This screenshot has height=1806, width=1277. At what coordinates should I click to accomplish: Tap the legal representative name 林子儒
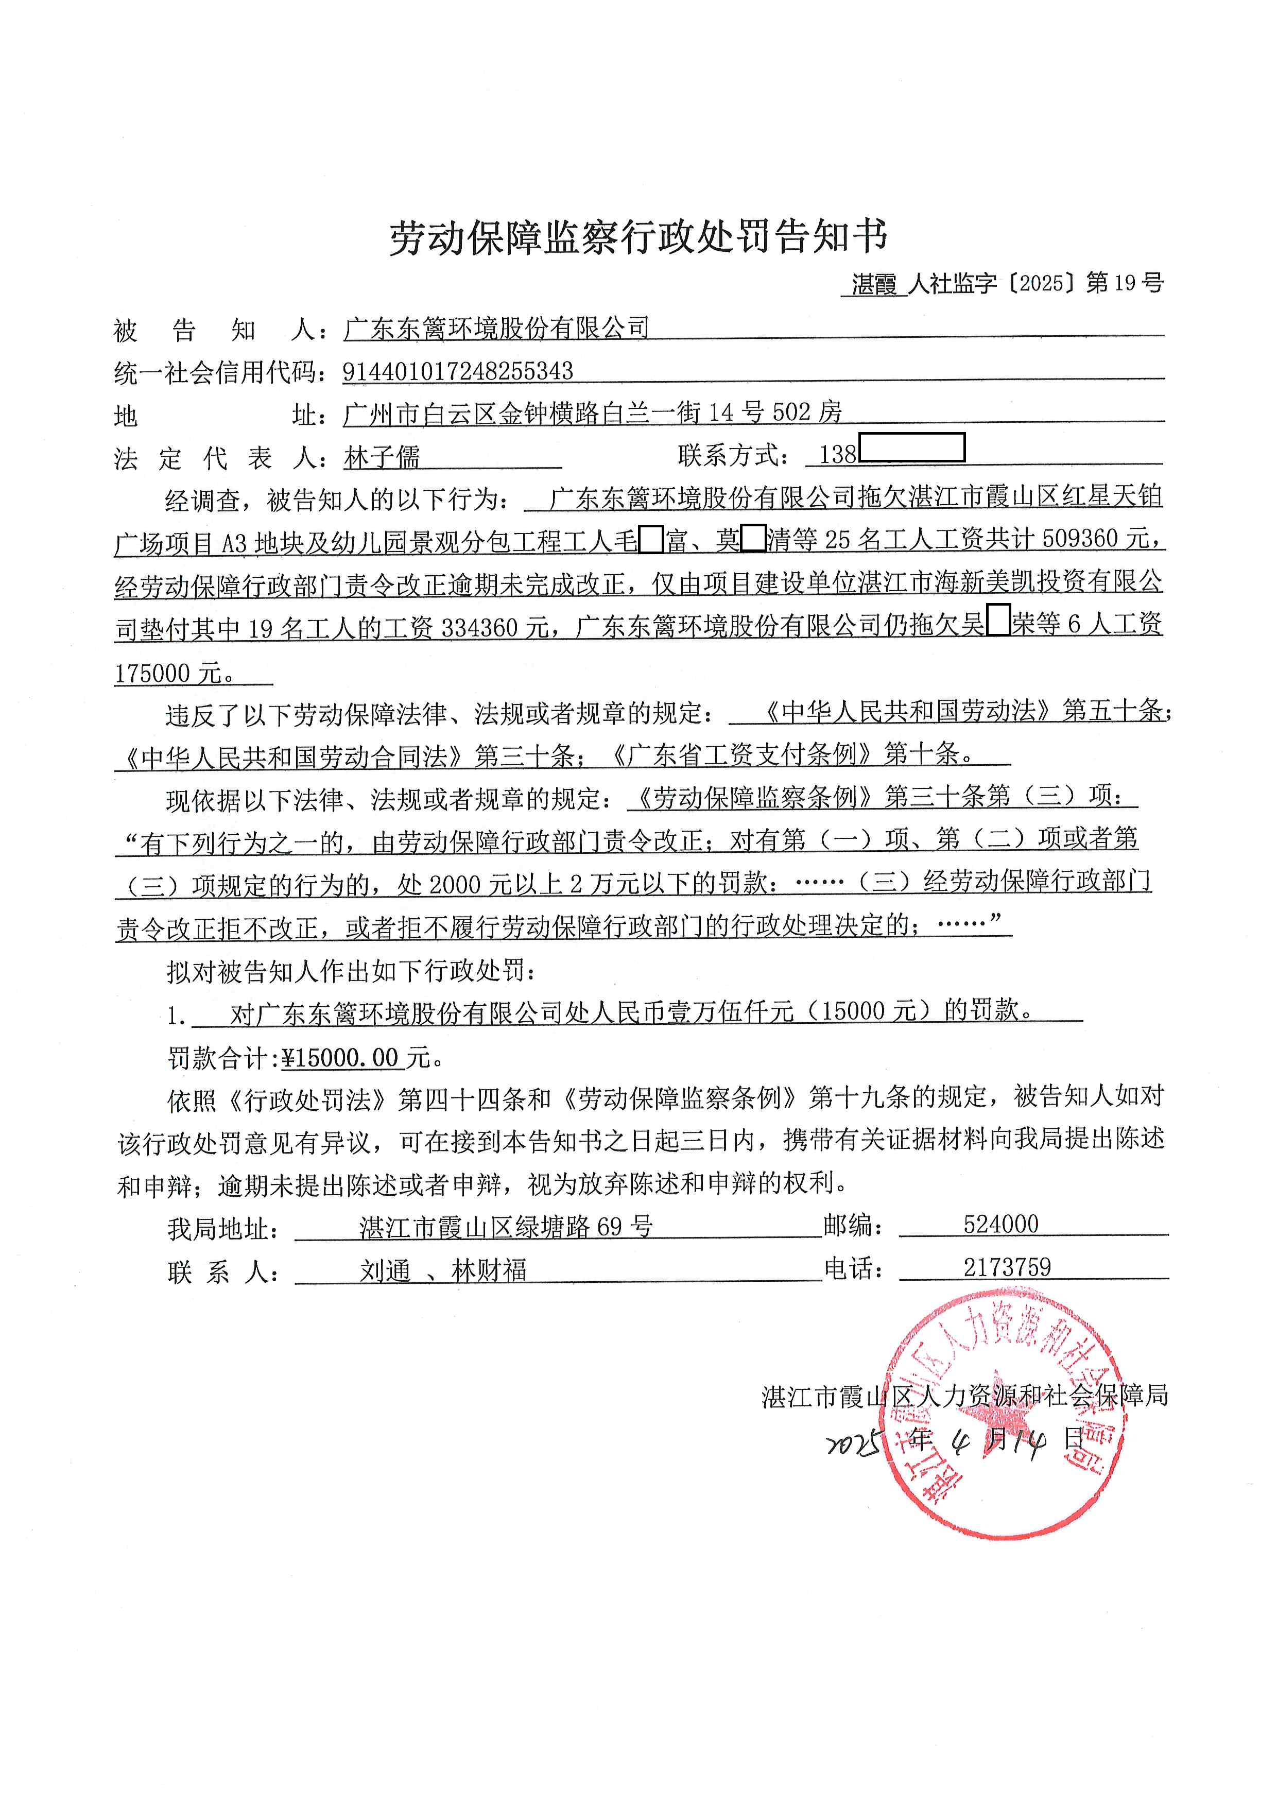pos(382,456)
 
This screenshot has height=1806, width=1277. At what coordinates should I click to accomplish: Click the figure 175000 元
pos(169,673)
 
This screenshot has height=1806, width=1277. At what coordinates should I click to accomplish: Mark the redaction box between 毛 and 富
pos(650,540)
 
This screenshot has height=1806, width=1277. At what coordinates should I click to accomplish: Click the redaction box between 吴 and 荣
pos(997,624)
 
